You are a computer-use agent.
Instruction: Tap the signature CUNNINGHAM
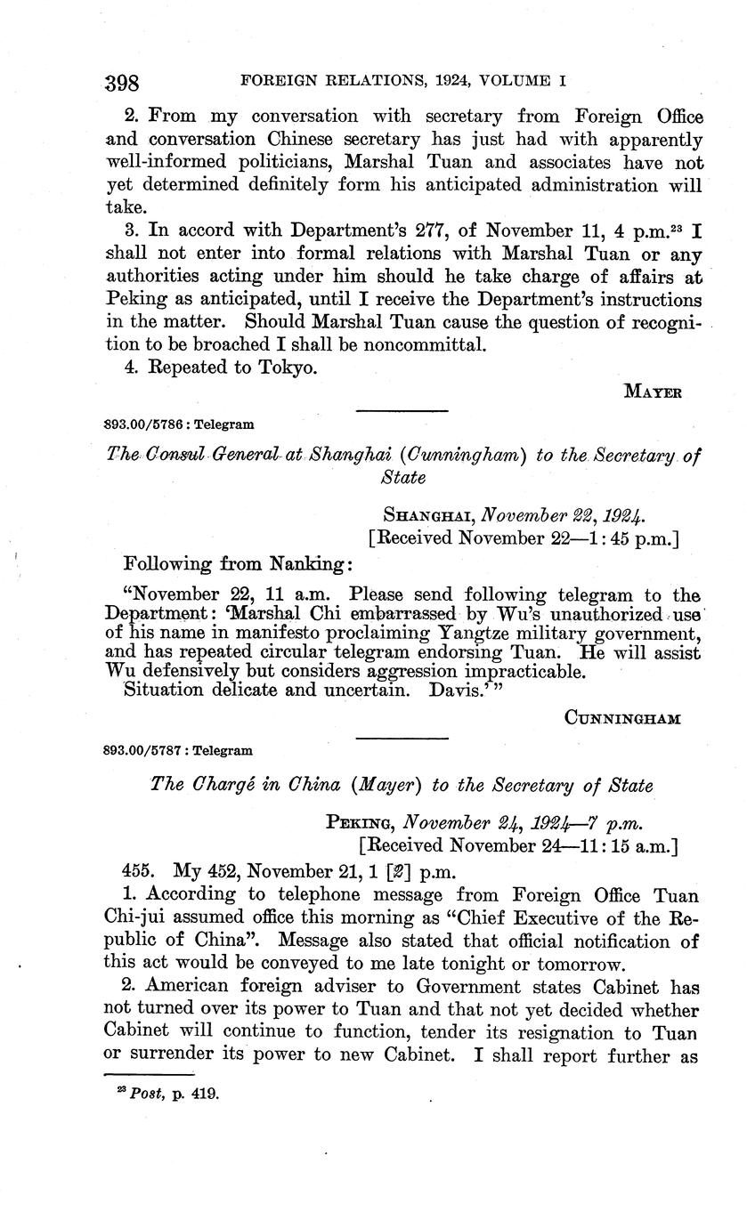tap(623, 718)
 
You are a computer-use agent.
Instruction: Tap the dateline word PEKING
tap(361, 822)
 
